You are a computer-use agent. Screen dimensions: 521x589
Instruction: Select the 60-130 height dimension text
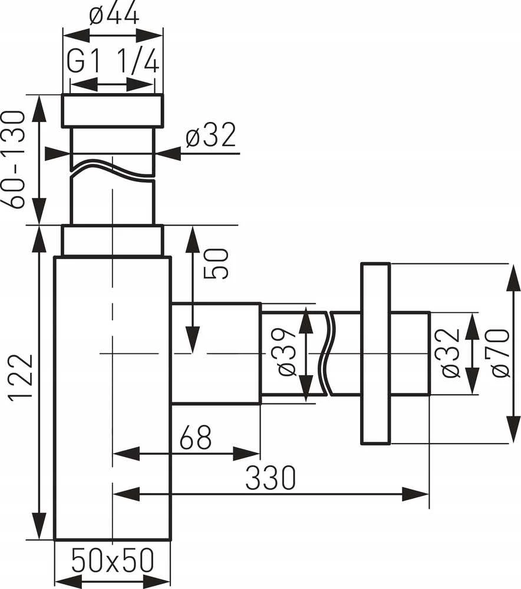(x=14, y=160)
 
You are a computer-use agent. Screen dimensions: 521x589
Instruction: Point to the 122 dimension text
(x=21, y=378)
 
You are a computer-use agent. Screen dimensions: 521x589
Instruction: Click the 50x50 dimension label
(x=113, y=560)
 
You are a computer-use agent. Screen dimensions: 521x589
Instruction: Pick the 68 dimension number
(x=196, y=437)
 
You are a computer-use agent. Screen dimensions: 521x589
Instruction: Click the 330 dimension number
(x=271, y=478)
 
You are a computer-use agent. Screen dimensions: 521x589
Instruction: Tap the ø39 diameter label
(x=287, y=352)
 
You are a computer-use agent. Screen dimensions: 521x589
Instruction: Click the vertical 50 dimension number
(x=216, y=263)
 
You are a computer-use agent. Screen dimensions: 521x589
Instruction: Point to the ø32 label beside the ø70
(x=450, y=353)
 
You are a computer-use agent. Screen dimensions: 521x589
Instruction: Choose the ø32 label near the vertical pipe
(x=211, y=134)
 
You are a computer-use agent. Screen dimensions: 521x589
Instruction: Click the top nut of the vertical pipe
(x=113, y=110)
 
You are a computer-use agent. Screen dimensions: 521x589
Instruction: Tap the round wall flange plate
(x=375, y=353)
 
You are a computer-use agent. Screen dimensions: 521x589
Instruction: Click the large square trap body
(x=113, y=398)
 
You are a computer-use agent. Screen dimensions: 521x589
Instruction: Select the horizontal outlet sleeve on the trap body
(x=216, y=353)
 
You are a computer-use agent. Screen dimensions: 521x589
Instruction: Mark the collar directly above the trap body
(x=113, y=240)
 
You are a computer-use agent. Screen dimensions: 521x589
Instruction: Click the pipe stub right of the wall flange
(x=410, y=353)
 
